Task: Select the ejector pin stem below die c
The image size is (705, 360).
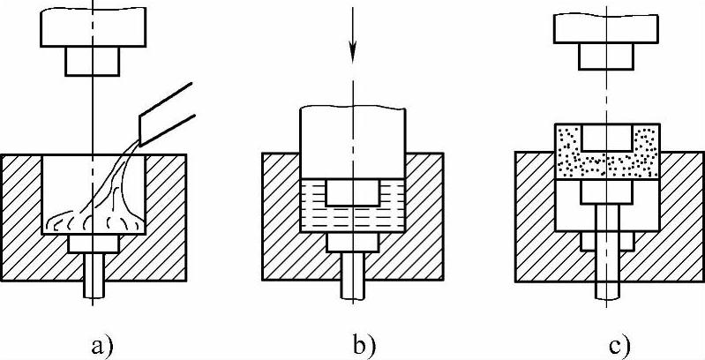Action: [x=605, y=274]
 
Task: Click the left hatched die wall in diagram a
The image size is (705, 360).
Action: [x=22, y=212]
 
